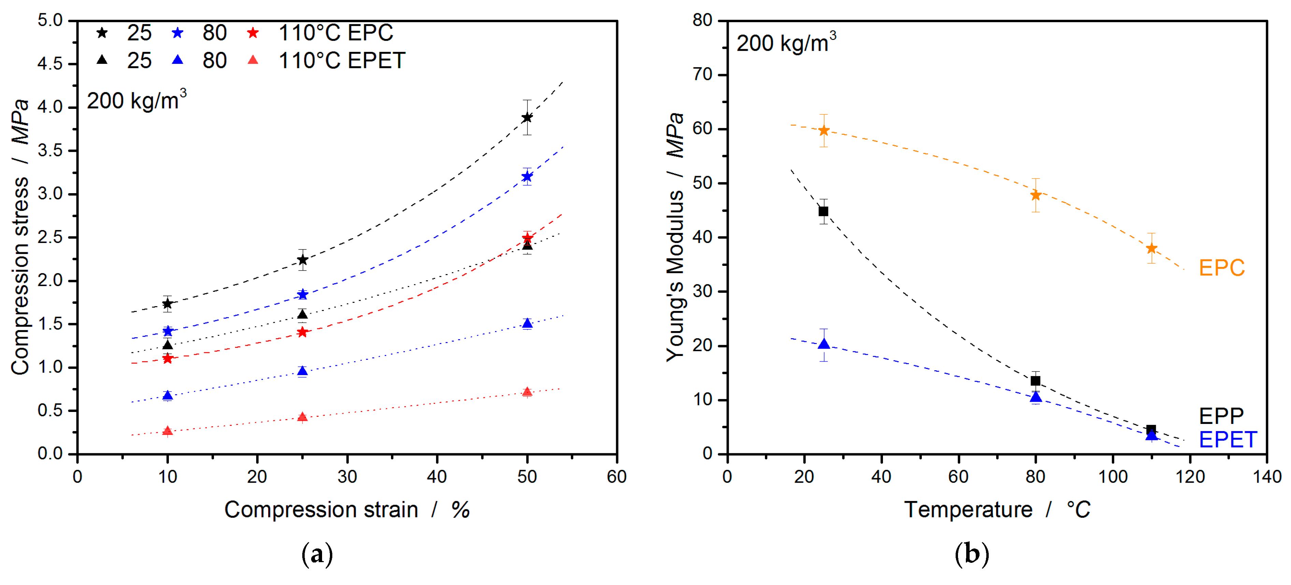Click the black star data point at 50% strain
tap(527, 118)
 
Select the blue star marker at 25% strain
tap(302, 294)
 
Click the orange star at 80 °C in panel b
tap(1035, 195)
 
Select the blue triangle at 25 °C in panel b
tap(823, 344)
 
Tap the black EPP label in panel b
tap(1221, 416)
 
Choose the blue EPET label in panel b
tap(1227, 440)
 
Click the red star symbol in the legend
tap(253, 33)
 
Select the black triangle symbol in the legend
tap(102, 60)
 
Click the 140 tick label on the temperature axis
tap(1266, 477)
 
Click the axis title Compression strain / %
tap(347, 510)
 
